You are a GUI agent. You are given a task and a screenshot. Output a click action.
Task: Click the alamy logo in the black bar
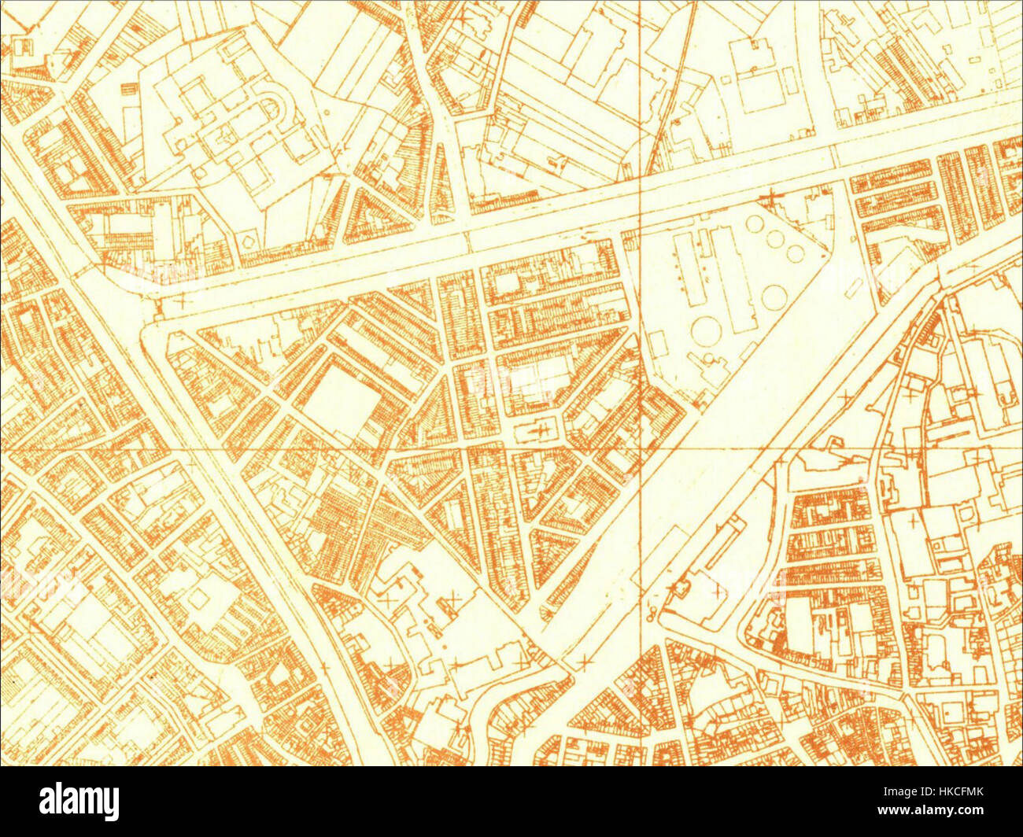pyautogui.click(x=79, y=802)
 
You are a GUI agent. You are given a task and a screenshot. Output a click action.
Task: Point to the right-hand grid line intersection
pyautogui.click(x=641, y=449)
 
